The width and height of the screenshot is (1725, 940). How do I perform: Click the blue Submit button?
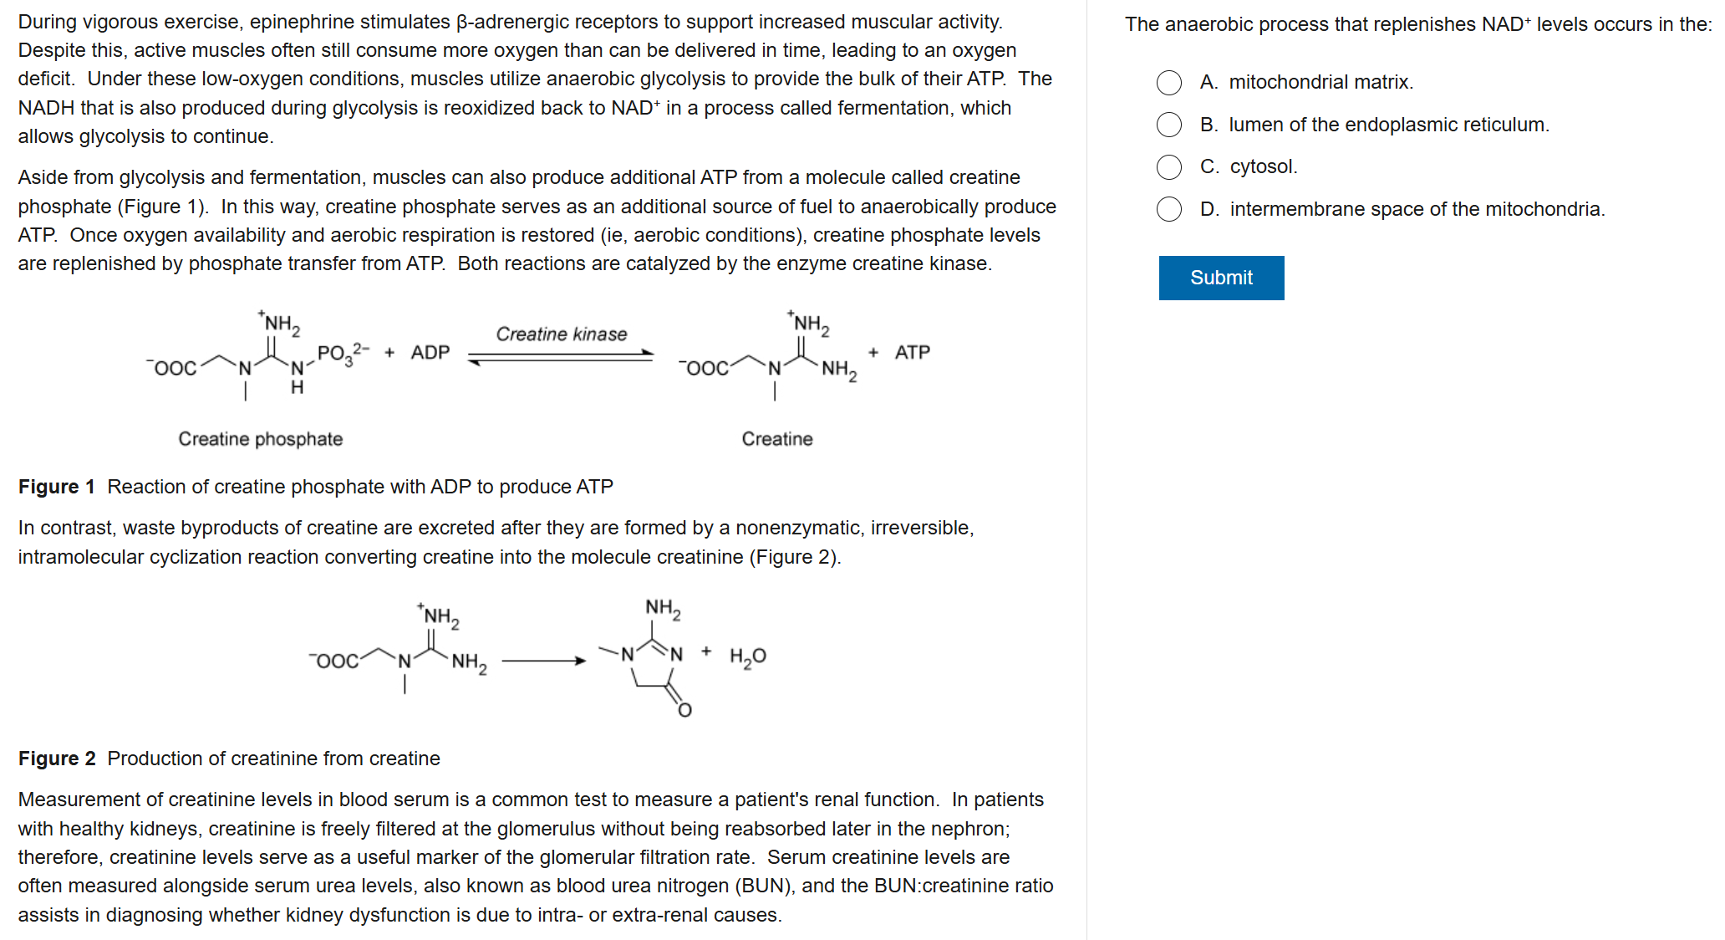(1221, 278)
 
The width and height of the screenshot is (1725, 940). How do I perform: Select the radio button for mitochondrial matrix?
(1169, 83)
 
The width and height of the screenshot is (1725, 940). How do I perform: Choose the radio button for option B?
(1169, 125)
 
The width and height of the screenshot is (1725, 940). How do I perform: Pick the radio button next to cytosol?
(1169, 167)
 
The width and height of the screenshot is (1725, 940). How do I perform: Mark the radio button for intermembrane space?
(1169, 209)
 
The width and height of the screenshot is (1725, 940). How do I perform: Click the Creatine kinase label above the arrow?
(561, 335)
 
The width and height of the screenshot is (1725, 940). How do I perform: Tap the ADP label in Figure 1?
(430, 353)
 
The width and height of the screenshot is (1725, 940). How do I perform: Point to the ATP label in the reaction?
(912, 353)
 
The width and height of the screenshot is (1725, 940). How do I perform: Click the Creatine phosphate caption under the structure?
(260, 439)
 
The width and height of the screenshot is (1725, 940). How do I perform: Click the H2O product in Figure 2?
(747, 657)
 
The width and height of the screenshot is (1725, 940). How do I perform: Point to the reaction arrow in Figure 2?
(543, 661)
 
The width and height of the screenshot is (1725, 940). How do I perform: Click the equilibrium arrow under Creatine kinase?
(561, 358)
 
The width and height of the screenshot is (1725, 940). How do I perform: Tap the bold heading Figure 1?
(56, 487)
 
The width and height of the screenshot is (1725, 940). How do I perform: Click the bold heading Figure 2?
(56, 759)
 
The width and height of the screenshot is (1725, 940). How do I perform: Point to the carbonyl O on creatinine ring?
(684, 710)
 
